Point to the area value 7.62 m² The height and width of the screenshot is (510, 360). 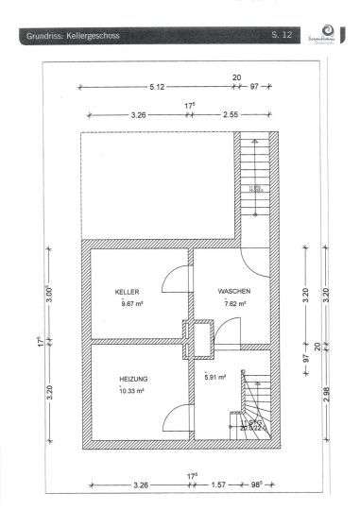(234, 305)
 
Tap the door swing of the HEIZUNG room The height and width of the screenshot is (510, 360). (175, 417)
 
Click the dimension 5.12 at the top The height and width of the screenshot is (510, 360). (156, 86)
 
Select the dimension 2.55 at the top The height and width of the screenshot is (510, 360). (230, 113)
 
